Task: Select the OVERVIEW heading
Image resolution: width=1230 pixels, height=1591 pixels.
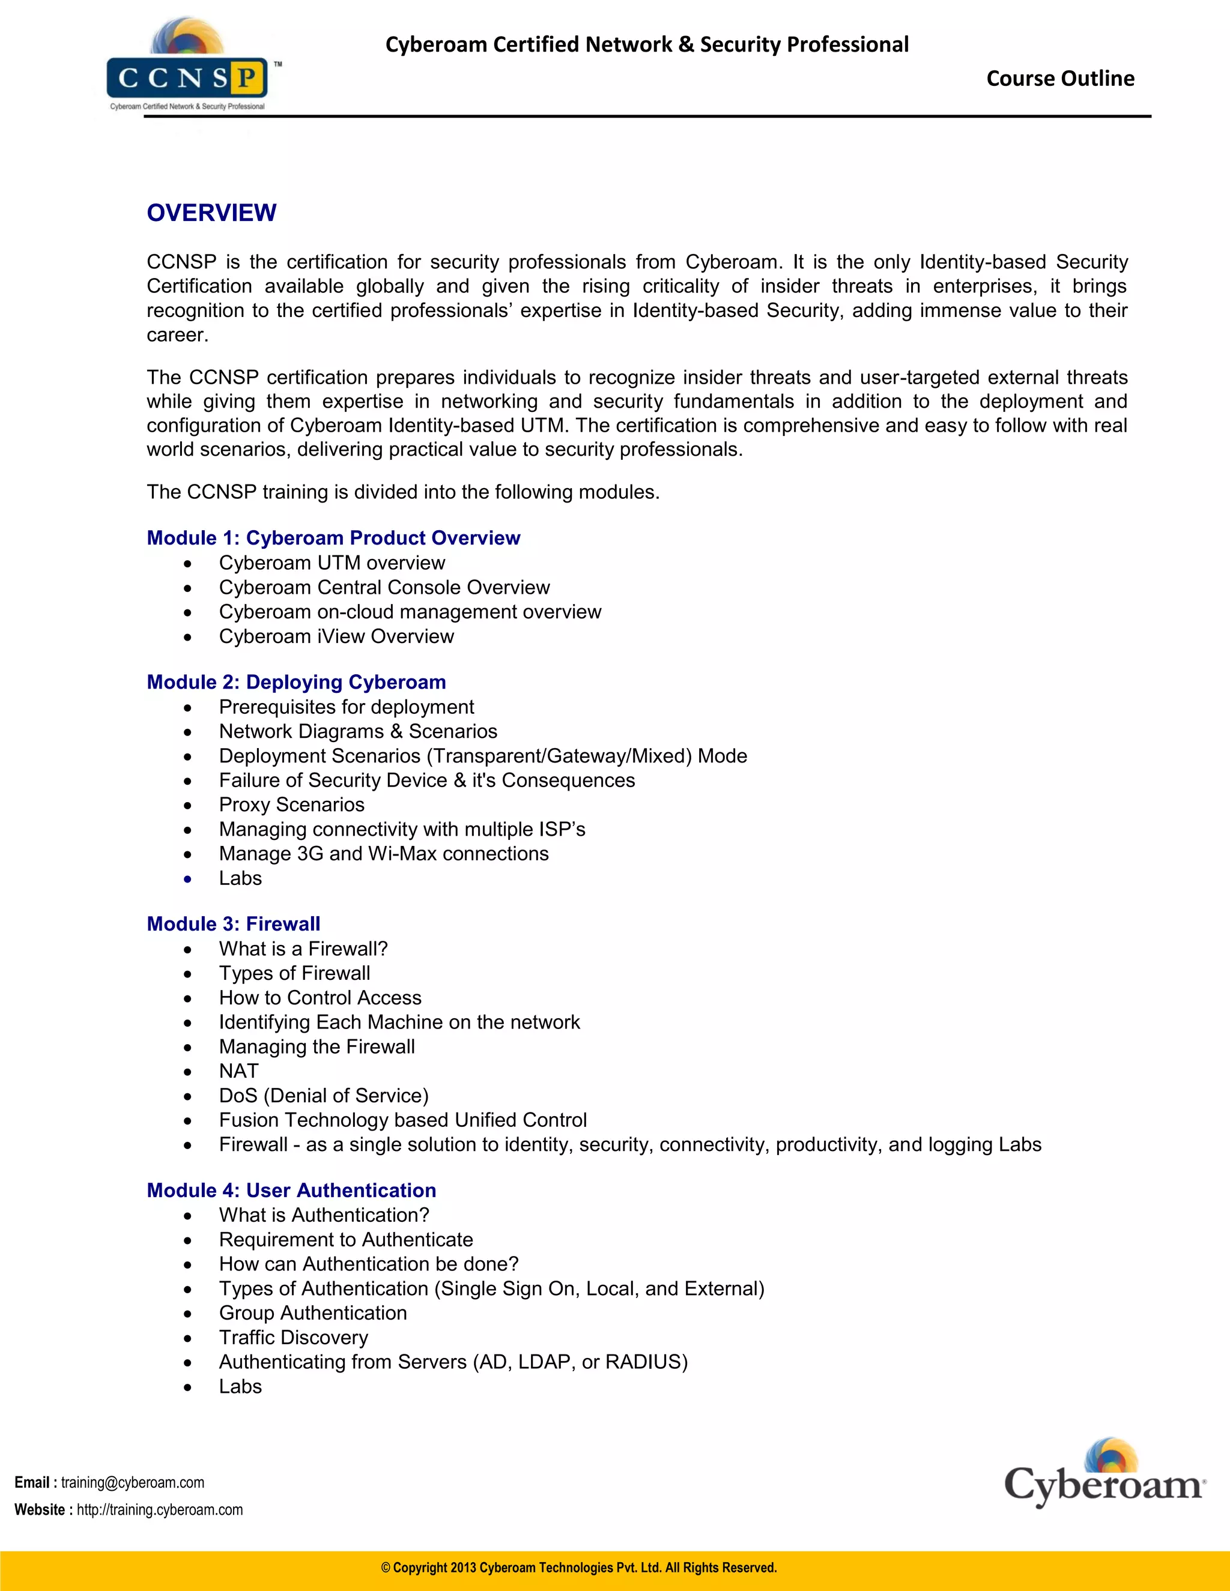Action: pyautogui.click(x=211, y=213)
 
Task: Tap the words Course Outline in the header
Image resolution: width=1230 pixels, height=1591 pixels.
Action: pyautogui.click(x=1059, y=79)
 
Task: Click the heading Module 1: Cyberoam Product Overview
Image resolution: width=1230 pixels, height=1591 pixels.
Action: pyautogui.click(x=333, y=537)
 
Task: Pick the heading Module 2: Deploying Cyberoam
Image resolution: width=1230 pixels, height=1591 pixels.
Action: pyautogui.click(x=296, y=682)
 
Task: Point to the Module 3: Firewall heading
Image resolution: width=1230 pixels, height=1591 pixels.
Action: pyautogui.click(x=233, y=924)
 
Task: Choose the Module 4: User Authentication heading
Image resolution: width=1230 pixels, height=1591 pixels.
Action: pyautogui.click(x=291, y=1191)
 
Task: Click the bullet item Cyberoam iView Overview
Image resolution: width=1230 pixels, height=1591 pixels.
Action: pyautogui.click(x=336, y=636)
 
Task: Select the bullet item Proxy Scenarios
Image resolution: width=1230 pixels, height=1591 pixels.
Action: pyautogui.click(x=291, y=805)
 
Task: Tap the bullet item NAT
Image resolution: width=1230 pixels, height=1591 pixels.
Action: pyautogui.click(x=238, y=1072)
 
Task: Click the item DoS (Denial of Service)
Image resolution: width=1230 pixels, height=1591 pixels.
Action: pyautogui.click(x=324, y=1096)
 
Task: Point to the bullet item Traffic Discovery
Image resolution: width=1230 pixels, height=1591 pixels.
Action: pyautogui.click(x=293, y=1338)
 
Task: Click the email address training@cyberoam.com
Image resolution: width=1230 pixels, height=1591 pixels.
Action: pyautogui.click(x=133, y=1482)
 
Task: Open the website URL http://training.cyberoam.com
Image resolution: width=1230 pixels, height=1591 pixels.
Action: pyautogui.click(x=160, y=1509)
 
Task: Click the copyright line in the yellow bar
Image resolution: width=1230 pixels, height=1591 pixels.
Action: pyautogui.click(x=578, y=1568)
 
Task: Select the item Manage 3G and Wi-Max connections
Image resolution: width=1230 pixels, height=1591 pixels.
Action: pyautogui.click(x=383, y=854)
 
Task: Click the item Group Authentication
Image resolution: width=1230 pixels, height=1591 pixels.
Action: pyautogui.click(x=312, y=1312)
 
